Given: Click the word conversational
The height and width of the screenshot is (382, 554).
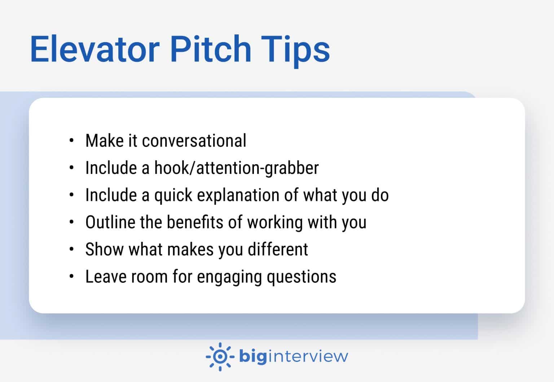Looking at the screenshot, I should (194, 141).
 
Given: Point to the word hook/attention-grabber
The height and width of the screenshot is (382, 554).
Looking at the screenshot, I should (237, 168).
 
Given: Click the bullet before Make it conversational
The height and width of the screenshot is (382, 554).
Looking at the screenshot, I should (72, 141).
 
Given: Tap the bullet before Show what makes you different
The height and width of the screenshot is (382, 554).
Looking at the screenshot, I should (72, 249).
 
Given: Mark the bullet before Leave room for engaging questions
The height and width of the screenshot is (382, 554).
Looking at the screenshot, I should (72, 277).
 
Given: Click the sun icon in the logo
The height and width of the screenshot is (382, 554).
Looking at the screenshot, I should (220, 357).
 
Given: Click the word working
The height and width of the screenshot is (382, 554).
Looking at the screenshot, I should (275, 223).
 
